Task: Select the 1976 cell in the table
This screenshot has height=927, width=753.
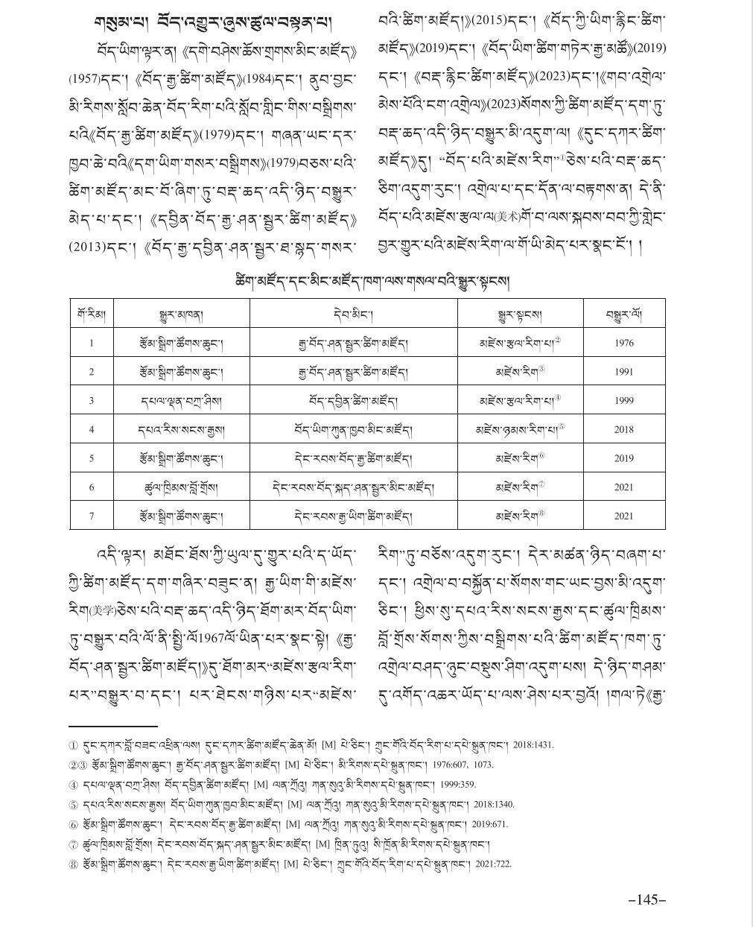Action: click(x=624, y=344)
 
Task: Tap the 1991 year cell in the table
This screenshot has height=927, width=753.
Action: click(x=624, y=372)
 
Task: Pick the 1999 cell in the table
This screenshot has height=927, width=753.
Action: click(x=624, y=401)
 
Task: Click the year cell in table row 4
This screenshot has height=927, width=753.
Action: click(x=624, y=429)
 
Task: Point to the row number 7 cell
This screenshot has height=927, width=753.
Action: click(x=92, y=516)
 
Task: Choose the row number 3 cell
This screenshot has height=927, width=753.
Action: click(x=92, y=401)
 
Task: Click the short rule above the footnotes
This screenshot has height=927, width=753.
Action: click(x=112, y=725)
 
